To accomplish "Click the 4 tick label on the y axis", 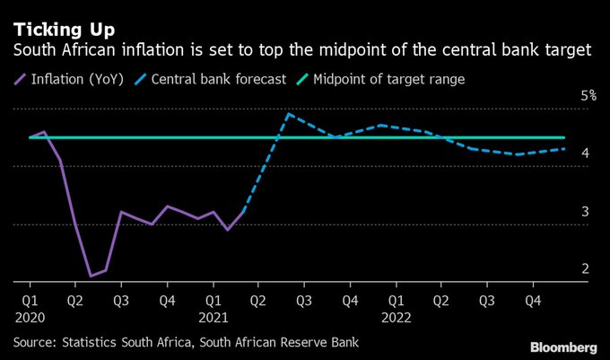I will pos(584,154).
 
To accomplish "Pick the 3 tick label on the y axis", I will pos(584,212).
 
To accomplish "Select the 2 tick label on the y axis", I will pos(584,269).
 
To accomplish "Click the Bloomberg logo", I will pos(562,347).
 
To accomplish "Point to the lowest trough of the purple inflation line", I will pos(91,276).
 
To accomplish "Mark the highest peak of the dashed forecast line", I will pos(289,114).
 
